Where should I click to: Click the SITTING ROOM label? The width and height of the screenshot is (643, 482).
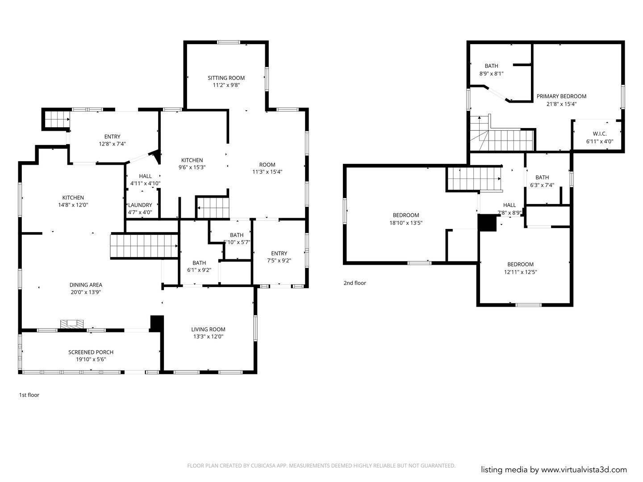[226, 78]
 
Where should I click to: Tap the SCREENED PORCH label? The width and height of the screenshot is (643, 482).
[91, 352]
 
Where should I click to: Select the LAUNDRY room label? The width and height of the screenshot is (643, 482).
[140, 205]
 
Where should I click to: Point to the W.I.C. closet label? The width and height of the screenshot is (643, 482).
[600, 134]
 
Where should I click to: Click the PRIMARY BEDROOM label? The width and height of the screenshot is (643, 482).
[561, 96]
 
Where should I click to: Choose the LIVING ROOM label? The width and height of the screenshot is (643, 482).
[208, 329]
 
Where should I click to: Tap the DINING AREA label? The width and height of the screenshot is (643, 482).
[86, 285]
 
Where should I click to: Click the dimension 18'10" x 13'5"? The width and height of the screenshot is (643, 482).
[406, 223]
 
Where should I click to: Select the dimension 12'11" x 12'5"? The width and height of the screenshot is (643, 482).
[520, 272]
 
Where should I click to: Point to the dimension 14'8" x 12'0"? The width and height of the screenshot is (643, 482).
[73, 205]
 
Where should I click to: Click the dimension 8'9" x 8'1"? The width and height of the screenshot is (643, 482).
[491, 74]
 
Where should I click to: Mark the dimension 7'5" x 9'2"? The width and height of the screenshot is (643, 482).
[279, 261]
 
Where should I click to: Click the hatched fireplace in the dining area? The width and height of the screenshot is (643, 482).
[72, 324]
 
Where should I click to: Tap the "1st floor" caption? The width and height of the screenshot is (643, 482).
[29, 395]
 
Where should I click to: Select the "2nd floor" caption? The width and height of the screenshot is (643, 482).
[355, 283]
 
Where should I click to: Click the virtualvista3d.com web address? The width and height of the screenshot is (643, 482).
[584, 470]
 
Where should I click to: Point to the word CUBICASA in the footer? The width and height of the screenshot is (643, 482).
[263, 465]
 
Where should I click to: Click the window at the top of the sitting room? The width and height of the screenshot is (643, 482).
[229, 42]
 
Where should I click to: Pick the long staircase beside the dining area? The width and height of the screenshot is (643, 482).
[144, 246]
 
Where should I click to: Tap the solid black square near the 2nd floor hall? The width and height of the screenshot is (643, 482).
[487, 223]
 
